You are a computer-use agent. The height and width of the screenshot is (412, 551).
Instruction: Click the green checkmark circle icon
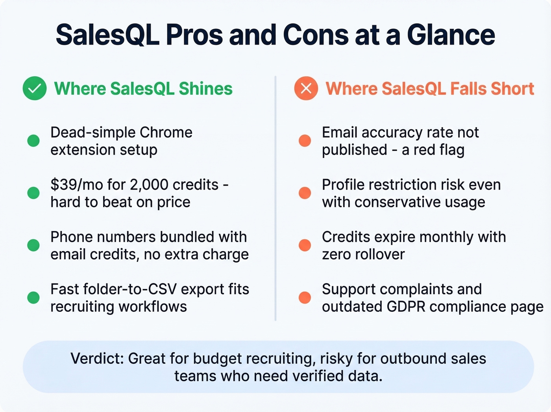coord(35,88)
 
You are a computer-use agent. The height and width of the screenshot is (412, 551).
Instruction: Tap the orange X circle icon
coord(306,88)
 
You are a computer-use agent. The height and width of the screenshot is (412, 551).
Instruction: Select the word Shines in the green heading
coord(205,89)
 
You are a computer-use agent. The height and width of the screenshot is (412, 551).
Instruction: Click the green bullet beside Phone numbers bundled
coord(33,245)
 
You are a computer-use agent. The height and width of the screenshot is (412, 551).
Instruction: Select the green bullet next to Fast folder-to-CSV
coord(33,298)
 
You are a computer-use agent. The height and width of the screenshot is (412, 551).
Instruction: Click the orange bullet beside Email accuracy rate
coord(305,141)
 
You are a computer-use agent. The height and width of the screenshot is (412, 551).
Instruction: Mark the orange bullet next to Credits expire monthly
coord(305,245)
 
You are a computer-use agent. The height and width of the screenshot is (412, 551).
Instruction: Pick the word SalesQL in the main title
coord(107,35)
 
